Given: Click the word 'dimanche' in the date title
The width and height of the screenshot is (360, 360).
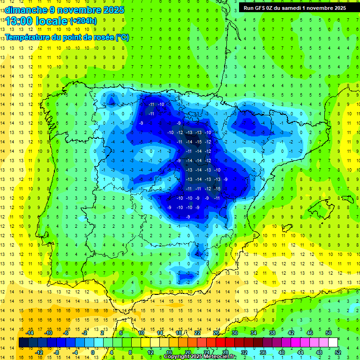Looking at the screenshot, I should click(26, 10).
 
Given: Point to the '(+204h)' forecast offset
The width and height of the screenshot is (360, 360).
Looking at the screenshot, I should click(83, 21).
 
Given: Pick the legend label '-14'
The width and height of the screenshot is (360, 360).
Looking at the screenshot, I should click(30, 333).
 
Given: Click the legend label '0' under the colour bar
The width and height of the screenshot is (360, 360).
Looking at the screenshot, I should click(93, 352).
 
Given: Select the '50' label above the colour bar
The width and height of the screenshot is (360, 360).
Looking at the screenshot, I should click(328, 333).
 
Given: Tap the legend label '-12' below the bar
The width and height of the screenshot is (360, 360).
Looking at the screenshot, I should click(39, 352).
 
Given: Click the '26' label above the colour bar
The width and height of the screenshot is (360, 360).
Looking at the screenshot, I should click(216, 333).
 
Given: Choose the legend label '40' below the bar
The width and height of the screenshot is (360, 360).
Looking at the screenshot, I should click(281, 352).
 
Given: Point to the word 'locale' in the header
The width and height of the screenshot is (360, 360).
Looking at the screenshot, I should click(52, 21).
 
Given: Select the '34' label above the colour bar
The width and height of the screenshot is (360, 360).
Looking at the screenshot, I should click(254, 333).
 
